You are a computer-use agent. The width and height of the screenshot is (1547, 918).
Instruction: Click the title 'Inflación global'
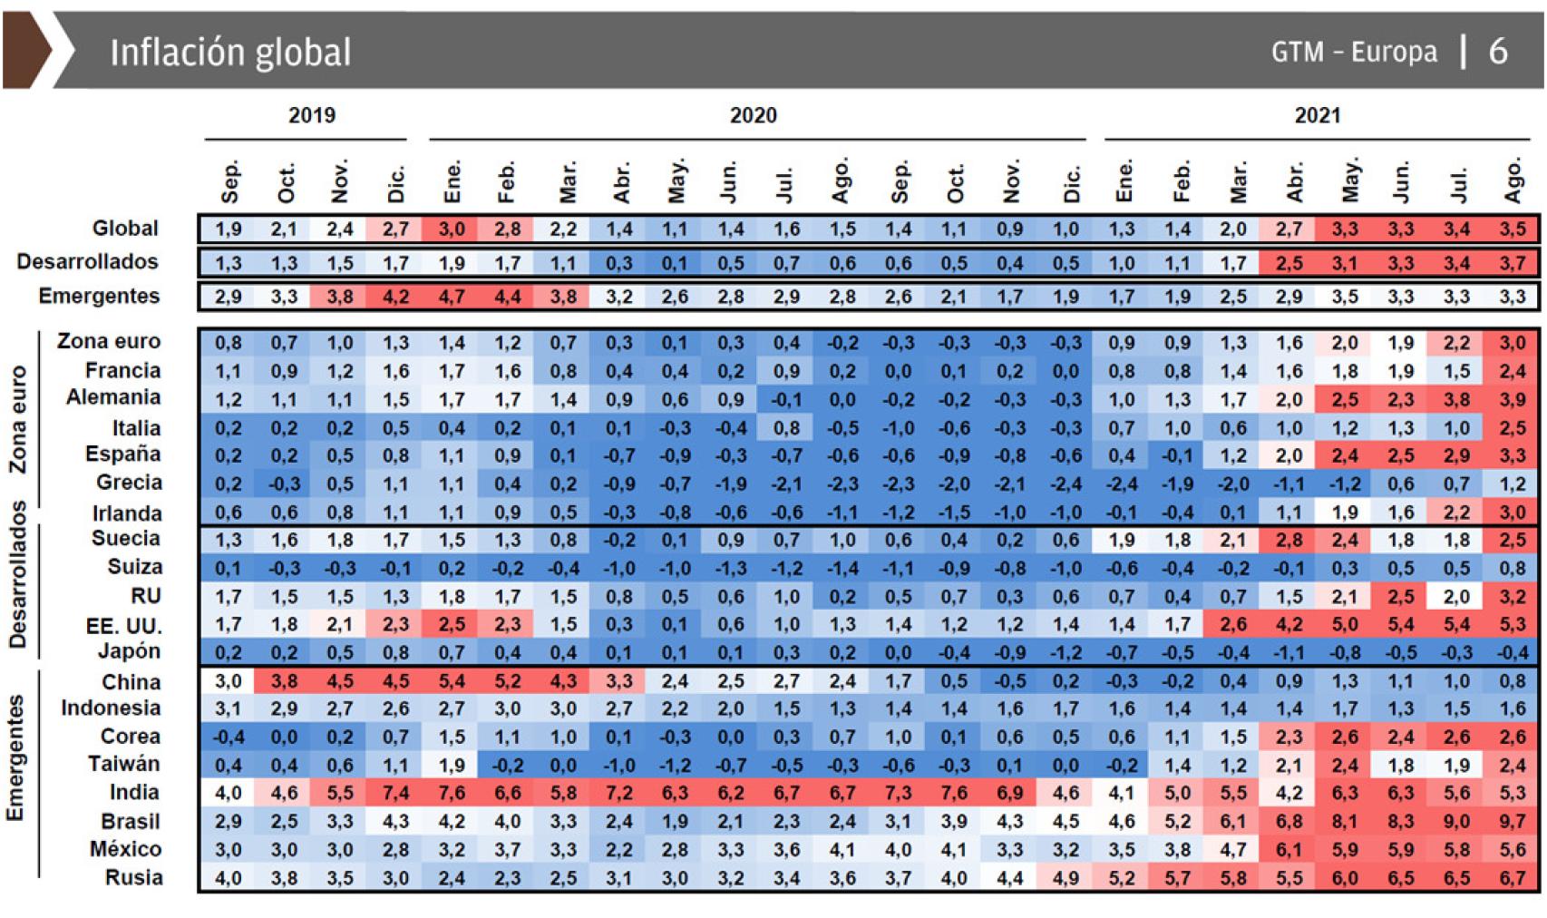pyautogui.click(x=230, y=53)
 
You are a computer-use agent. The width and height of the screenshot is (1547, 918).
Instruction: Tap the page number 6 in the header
pyautogui.click(x=1498, y=52)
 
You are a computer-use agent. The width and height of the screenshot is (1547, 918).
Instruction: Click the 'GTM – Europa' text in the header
pyautogui.click(x=1354, y=53)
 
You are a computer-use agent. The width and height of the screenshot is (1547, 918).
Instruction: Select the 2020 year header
pyautogui.click(x=753, y=115)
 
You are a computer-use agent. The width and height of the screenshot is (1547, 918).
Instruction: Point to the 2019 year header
pyautogui.click(x=312, y=115)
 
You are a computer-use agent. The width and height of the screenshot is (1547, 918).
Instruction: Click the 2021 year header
pyautogui.click(x=1317, y=115)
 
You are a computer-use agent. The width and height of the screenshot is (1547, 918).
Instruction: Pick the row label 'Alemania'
pyautogui.click(x=113, y=397)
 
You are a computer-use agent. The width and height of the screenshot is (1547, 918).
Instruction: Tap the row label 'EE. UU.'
pyautogui.click(x=124, y=626)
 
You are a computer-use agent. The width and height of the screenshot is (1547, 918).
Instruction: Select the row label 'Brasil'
pyautogui.click(x=131, y=821)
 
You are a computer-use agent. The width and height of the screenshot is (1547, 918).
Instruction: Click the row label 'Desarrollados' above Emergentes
pyautogui.click(x=88, y=262)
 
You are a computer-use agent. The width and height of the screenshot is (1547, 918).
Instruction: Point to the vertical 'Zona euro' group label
pyautogui.click(x=17, y=419)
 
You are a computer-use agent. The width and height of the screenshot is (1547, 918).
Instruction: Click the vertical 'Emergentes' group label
pyautogui.click(x=15, y=757)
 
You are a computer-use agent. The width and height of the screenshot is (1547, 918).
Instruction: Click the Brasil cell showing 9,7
pyautogui.click(x=1512, y=822)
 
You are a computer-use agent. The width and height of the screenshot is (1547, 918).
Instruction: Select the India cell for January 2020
pyautogui.click(x=452, y=794)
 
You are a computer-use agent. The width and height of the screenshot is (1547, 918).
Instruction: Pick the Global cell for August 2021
pyautogui.click(x=1512, y=229)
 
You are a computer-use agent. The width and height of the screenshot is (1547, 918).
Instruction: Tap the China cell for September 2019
pyautogui.click(x=229, y=682)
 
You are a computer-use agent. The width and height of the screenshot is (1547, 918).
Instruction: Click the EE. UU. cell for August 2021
pyautogui.click(x=1512, y=625)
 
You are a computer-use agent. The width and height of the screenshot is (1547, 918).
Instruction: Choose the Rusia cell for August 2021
pyautogui.click(x=1512, y=878)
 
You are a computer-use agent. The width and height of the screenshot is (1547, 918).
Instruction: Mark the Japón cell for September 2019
pyautogui.click(x=229, y=653)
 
